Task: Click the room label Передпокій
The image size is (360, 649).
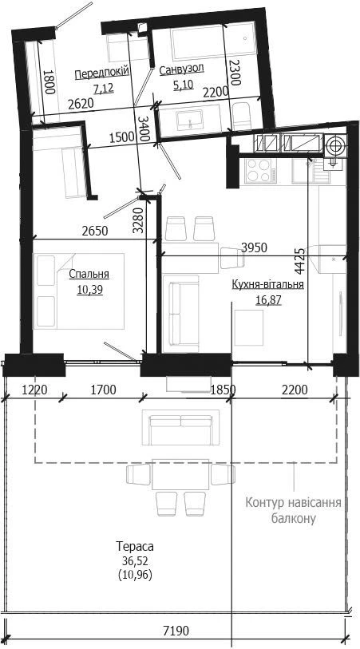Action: (102, 73)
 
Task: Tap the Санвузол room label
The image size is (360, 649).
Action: (181, 69)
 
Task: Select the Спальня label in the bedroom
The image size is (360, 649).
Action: (89, 274)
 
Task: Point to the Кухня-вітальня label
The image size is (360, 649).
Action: (268, 284)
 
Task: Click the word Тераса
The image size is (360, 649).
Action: (135, 546)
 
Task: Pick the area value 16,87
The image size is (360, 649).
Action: (268, 299)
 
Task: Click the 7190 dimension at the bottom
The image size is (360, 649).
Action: (176, 631)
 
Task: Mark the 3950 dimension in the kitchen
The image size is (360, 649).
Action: (254, 247)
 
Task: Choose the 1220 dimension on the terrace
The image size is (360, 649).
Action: (35, 390)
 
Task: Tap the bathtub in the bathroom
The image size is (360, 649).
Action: (212, 42)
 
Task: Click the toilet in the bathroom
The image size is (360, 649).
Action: (241, 116)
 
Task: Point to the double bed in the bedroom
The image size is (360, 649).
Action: (78, 291)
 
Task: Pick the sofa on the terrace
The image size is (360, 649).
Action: (181, 427)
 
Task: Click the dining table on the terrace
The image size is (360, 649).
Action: (180, 474)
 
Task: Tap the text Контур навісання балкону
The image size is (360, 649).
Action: (294, 510)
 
